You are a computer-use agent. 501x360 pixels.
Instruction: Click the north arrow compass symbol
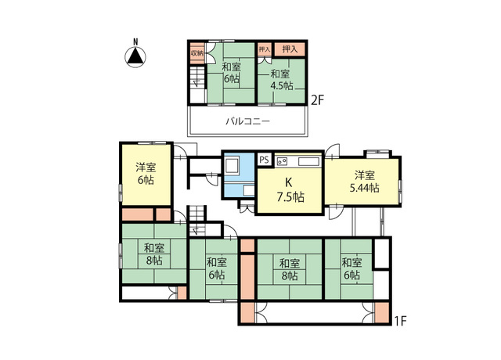(135, 57)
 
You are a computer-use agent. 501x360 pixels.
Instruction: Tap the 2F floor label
(318, 101)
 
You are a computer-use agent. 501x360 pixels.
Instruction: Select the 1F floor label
(399, 321)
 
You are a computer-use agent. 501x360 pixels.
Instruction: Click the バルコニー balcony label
(248, 121)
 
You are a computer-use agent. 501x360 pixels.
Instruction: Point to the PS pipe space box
(265, 159)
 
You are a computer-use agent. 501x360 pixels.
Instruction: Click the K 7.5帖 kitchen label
(290, 190)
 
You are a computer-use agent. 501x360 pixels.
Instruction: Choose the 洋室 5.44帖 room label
(365, 182)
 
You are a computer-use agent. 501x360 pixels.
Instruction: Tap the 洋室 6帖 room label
(146, 174)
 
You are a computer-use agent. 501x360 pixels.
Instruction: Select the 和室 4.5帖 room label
(282, 80)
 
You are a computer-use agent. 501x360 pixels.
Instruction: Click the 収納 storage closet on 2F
(197, 53)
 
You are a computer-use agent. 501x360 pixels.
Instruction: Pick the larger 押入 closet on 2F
(290, 49)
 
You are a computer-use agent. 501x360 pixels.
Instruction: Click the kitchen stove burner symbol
(282, 161)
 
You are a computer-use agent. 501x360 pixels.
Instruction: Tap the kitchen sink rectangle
(308, 162)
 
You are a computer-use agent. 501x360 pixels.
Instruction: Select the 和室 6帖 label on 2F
(232, 73)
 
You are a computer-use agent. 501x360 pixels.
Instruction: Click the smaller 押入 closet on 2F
(265, 49)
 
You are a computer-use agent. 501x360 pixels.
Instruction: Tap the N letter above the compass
(135, 41)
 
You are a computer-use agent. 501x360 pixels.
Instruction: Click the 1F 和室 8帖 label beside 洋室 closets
(154, 254)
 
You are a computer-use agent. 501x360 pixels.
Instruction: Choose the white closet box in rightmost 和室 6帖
(381, 254)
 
